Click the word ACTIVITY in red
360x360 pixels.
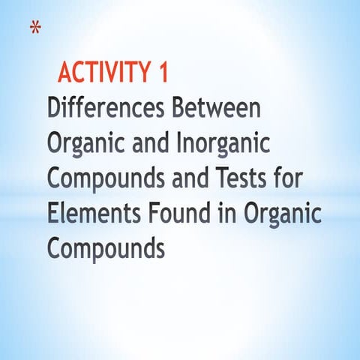point(104,73)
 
